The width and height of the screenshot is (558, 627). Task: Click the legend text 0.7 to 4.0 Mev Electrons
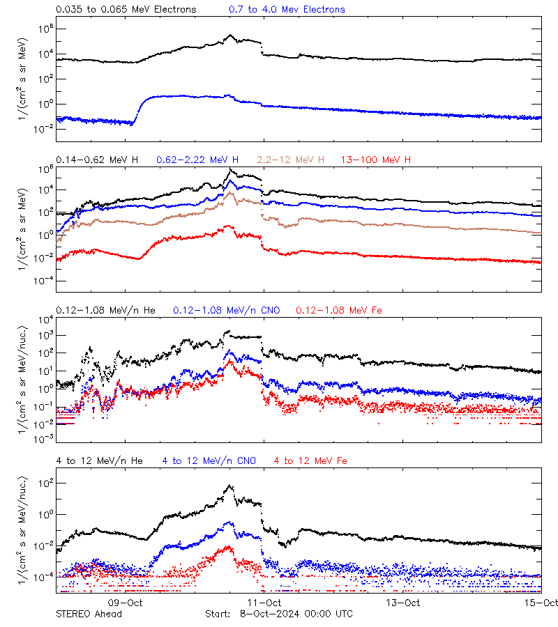[x=287, y=10]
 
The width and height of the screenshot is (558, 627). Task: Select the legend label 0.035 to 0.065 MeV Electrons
[x=126, y=10]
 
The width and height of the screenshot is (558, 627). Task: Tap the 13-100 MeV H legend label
[x=375, y=160]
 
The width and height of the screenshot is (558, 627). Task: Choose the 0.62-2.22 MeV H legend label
[x=198, y=160]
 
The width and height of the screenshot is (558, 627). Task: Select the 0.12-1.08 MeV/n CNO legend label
[x=226, y=310]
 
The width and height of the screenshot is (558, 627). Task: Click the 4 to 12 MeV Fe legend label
[x=310, y=460]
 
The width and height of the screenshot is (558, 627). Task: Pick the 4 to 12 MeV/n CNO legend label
[x=209, y=460]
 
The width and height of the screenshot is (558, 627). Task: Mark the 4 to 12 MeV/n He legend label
[x=99, y=460]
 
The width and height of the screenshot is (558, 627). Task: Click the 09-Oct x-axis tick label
[x=126, y=603]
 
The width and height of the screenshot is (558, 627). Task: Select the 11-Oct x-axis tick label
[x=264, y=603]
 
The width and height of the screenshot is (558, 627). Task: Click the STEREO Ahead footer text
[x=89, y=614]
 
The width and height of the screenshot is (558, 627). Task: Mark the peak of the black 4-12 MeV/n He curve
[x=229, y=486]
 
